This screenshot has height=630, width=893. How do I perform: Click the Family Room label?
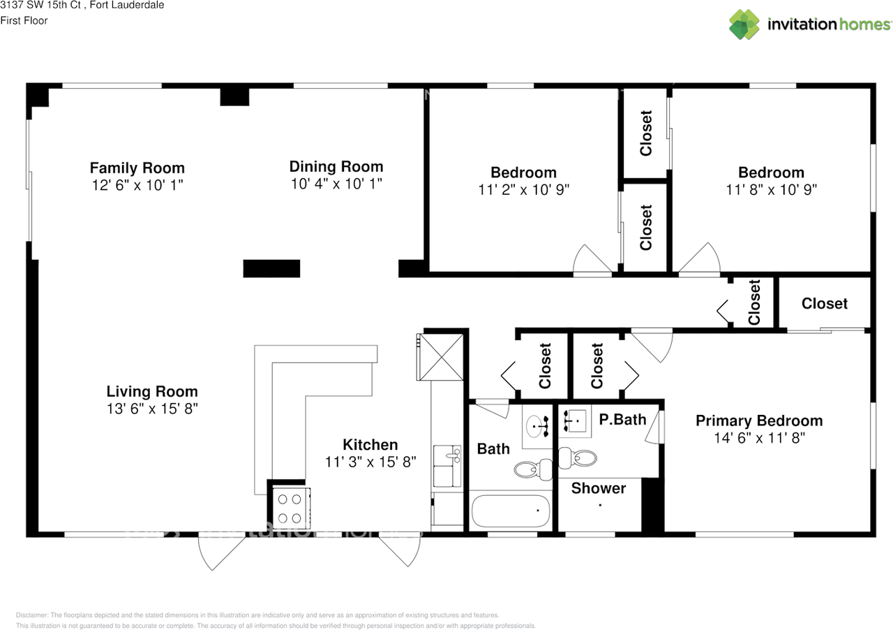pos(137,168)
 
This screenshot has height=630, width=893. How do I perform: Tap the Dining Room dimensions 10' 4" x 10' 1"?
pos(336,184)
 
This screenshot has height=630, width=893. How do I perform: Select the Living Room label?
pos(151,391)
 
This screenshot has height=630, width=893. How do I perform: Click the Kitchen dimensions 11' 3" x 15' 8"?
pos(370,462)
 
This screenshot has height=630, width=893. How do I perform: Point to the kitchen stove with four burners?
pos(290,508)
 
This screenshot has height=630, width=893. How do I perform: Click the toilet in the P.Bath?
pos(579,458)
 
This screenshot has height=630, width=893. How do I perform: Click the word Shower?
pos(598,488)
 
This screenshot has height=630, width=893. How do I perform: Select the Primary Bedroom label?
pos(758,420)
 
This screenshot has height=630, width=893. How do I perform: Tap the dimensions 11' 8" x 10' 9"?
pos(771,189)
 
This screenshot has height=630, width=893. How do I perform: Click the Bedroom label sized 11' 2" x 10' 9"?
pos(523,173)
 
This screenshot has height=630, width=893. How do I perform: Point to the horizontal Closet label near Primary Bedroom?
pos(824,303)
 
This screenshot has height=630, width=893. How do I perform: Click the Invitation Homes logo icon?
pos(744,24)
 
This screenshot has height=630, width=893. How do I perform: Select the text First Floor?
pos(24,21)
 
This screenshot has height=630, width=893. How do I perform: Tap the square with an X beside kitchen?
pos(440,356)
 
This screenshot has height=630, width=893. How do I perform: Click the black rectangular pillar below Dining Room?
pos(271,268)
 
